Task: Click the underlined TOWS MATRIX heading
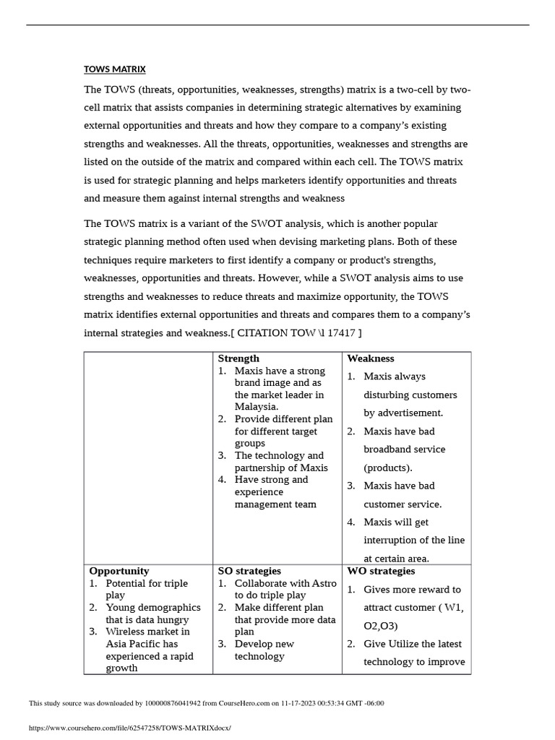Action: click(114, 69)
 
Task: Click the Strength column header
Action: click(238, 358)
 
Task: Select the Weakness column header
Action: click(370, 358)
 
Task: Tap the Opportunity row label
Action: click(119, 571)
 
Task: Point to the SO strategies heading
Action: click(249, 571)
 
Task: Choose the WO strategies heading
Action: click(381, 571)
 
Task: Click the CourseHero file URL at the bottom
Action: click(130, 728)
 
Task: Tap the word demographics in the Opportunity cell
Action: click(166, 607)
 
